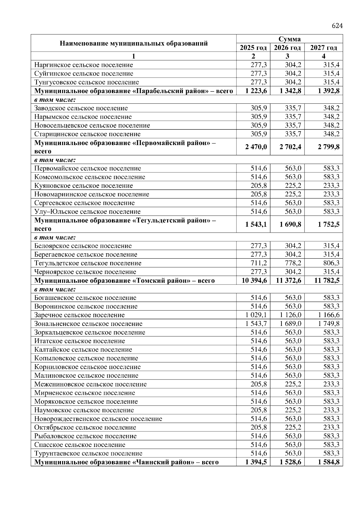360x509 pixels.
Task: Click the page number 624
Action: pos(337,26)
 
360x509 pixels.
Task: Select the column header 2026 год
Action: pos(287,48)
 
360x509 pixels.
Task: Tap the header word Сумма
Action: pos(289,39)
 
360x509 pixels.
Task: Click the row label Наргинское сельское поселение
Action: pos(83,65)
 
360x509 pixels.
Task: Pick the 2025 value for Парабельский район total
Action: pos(256,91)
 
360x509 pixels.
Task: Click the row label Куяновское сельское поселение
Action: pos(83,186)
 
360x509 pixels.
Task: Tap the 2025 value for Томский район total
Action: pos(254,281)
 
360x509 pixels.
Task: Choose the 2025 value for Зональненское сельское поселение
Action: pos(256,324)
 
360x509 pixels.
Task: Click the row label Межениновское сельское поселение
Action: pos(90,384)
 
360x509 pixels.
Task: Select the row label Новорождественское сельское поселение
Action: pos(98,419)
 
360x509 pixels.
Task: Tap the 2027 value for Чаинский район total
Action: pos(328,462)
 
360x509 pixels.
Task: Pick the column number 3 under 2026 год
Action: pos(287,56)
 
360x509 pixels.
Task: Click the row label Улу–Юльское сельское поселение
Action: pos(87,212)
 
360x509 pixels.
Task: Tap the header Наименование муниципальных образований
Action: pos(133,43)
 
